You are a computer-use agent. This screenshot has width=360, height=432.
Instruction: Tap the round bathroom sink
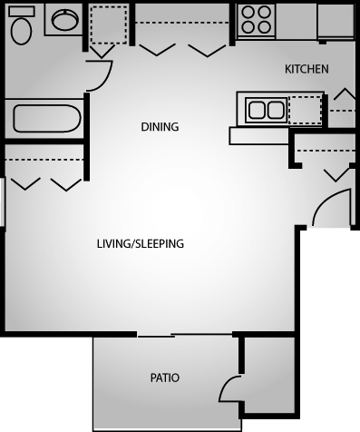(63, 21)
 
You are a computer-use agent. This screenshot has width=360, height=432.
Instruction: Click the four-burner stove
(257, 22)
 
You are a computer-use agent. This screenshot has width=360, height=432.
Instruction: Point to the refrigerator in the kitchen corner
(336, 22)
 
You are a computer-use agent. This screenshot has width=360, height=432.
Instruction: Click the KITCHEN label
(306, 69)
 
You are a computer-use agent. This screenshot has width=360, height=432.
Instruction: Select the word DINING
(160, 127)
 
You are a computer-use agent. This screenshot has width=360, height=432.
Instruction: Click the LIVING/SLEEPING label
(141, 243)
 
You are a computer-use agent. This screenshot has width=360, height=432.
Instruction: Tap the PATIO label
(165, 378)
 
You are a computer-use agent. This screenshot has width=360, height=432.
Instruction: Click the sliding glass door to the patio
(172, 336)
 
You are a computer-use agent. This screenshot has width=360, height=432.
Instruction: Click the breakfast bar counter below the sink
(258, 136)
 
